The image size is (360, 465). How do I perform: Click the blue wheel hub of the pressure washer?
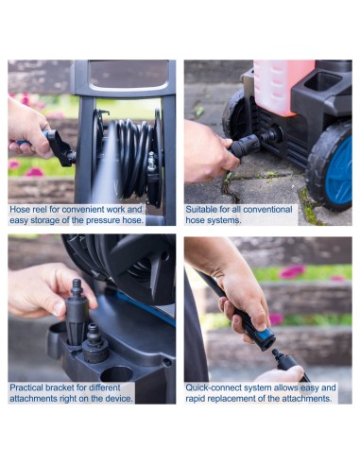tap(339, 171)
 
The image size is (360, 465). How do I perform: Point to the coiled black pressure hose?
tap(134, 159)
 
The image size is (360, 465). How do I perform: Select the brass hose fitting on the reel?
tap(152, 162)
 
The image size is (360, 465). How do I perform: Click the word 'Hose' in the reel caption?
tap(20, 209)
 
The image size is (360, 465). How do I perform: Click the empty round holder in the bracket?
tap(116, 374)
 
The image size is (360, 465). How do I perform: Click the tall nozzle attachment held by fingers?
tap(77, 313)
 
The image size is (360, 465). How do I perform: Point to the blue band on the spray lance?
tap(266, 335)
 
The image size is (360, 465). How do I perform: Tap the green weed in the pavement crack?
tap(228, 179)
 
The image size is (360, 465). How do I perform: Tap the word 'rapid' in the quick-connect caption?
tap(195, 398)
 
